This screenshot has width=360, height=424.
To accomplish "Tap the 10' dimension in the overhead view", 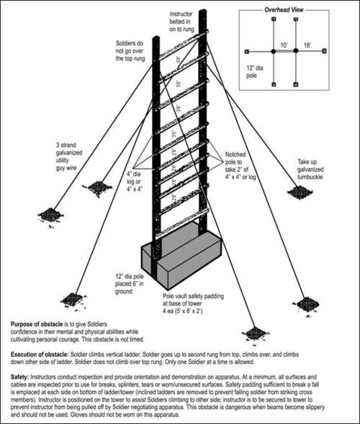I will pyautogui.click(x=285, y=44).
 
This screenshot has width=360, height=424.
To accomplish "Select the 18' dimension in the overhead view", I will pyautogui.click(x=307, y=44).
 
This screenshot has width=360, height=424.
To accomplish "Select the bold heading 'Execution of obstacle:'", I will pyautogui.click(x=42, y=355).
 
